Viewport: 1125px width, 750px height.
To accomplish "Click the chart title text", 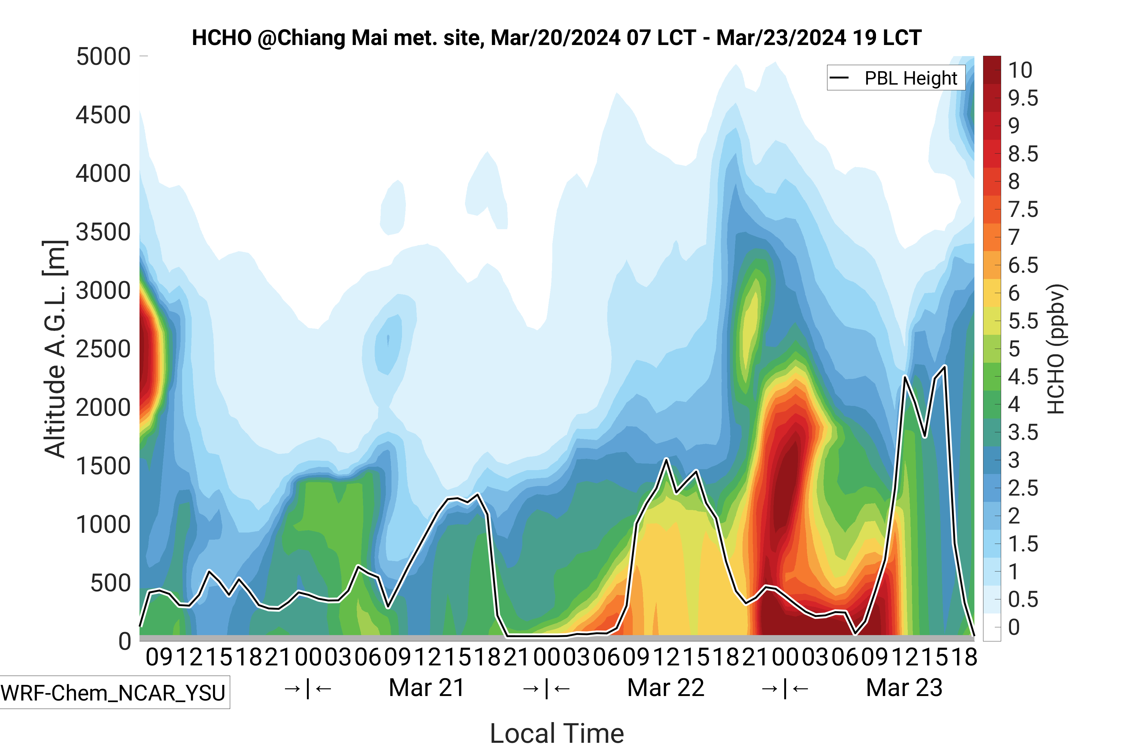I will pos(556,38).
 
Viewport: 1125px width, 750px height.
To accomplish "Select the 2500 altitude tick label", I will pos(103,349).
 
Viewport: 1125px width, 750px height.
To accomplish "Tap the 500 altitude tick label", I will pos(110,583).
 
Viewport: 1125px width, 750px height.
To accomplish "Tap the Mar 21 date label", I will pos(427,688).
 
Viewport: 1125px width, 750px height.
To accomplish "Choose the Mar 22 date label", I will pos(665,688).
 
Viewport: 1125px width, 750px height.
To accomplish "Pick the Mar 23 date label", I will pos(904,688).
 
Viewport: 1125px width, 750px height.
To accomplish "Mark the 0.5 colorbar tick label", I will pos(1023,599).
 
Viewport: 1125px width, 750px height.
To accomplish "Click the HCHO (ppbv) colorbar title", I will pos(1056,349).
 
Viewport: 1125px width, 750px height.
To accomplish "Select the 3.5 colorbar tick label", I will pos(1023,432).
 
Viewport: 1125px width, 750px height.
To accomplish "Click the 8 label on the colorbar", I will pos(1014,182).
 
